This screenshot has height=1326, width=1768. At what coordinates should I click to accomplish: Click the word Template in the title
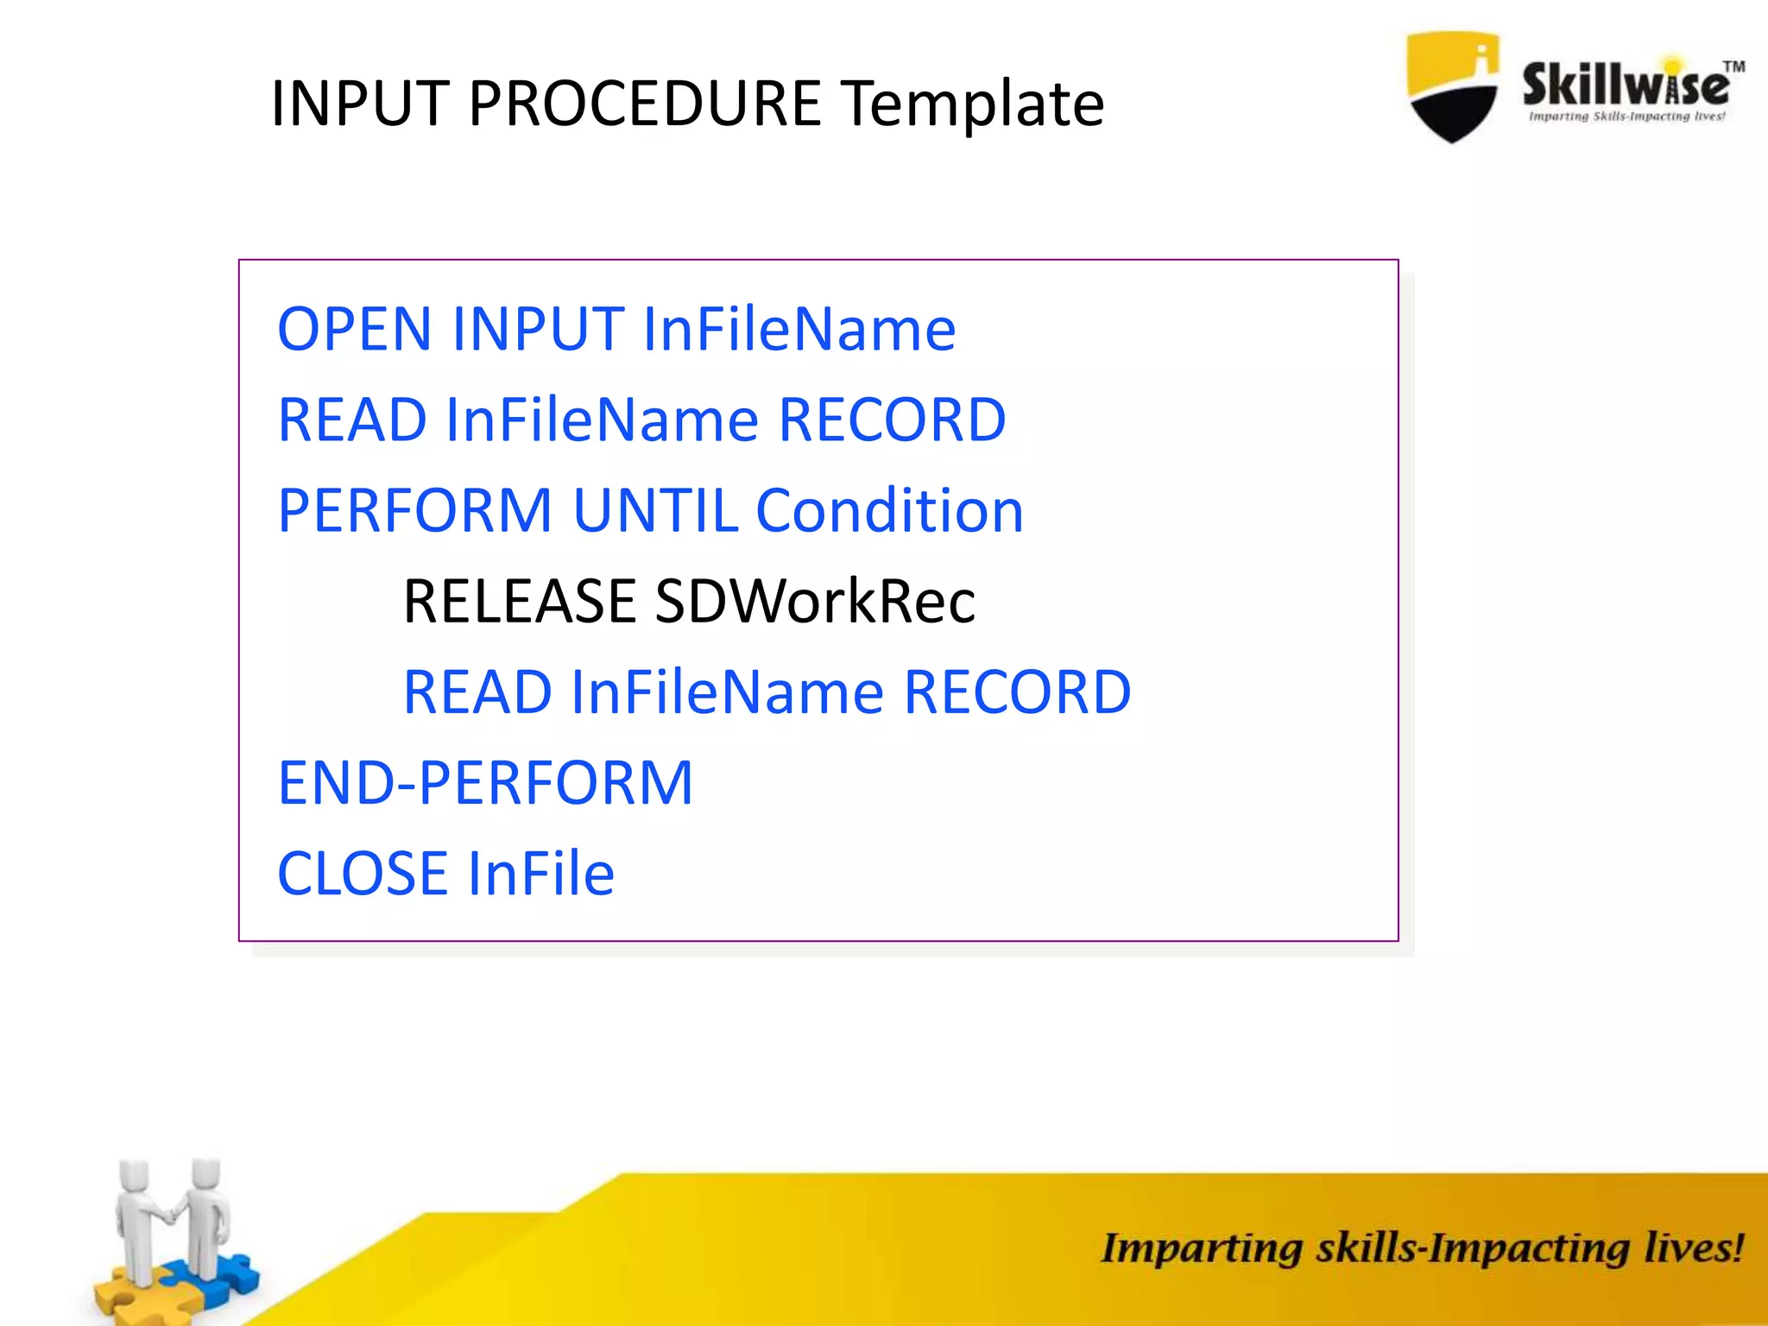(973, 104)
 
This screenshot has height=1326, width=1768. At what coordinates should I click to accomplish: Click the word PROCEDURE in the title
(644, 104)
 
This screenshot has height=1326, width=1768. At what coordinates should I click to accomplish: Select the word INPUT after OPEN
(538, 329)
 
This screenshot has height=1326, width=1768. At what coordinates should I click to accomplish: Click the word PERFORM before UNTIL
(414, 510)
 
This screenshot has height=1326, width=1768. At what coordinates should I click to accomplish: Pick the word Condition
(889, 510)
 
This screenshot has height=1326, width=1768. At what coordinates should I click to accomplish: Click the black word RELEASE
(520, 602)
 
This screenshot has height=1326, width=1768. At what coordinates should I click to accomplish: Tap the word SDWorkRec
(815, 602)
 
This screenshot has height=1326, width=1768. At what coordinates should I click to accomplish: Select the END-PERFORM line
(485, 783)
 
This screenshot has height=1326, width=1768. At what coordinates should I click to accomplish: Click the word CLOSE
(362, 874)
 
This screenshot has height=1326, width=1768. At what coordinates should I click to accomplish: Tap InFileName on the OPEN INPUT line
(799, 329)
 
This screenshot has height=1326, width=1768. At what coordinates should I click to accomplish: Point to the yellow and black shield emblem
(1452, 86)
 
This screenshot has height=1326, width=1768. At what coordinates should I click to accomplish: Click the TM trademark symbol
(1733, 66)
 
